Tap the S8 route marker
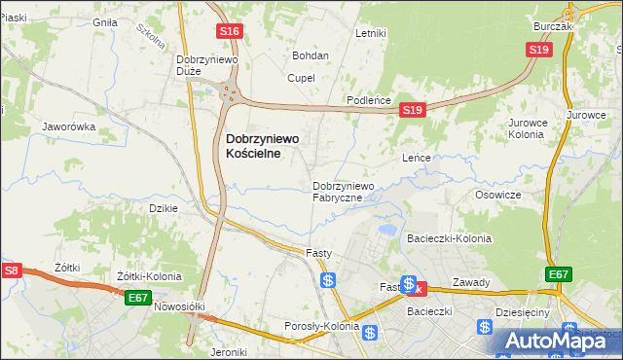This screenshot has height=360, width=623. coord(11,270)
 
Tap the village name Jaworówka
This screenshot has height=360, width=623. coord(67,126)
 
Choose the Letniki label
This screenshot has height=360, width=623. coord(371,33)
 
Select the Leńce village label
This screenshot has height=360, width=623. coord(417,157)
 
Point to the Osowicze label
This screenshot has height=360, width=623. coord(498,195)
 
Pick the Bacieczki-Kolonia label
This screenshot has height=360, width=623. coord(449,238)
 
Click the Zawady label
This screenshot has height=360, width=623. coord(470,283)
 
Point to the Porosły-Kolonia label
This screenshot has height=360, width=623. coord(321,326)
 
